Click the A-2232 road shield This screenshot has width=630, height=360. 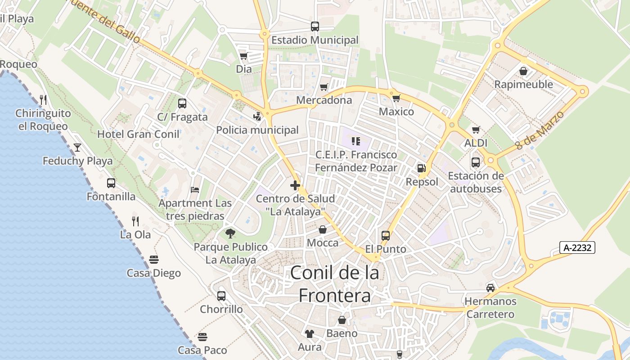tap(577, 247)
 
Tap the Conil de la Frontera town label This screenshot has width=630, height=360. tap(335, 284)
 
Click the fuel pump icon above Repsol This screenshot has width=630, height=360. tap(422, 168)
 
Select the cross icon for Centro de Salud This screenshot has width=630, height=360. tap(295, 185)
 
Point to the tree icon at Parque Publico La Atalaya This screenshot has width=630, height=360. tap(230, 233)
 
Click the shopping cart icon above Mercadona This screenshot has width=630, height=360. tap(324, 86)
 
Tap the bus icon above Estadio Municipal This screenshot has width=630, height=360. tap(315, 27)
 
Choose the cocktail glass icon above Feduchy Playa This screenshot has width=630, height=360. tap(77, 147)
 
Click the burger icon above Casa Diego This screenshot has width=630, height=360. tap(154, 259)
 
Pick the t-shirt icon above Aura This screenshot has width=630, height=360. tap(310, 333)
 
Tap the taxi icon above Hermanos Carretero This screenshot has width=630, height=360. tap(490, 288)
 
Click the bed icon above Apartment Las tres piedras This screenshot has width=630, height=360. tap(195, 189)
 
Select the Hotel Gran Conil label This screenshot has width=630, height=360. tap(138, 134)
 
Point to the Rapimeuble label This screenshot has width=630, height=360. tap(524, 84)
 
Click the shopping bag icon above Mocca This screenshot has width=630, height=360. tap(323, 229)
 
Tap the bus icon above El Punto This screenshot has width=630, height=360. tap(386, 235)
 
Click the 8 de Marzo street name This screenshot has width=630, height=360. tap(540, 130)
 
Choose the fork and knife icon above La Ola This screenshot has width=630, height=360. tap(135, 221)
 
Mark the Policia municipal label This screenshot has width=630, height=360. tap(257, 130)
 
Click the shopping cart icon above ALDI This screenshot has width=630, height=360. tap(476, 130)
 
